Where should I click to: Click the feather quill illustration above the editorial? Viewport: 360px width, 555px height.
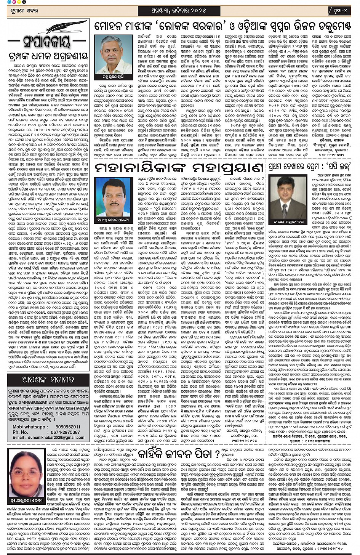68,27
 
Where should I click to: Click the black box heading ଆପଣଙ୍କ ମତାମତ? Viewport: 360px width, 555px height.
48,380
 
